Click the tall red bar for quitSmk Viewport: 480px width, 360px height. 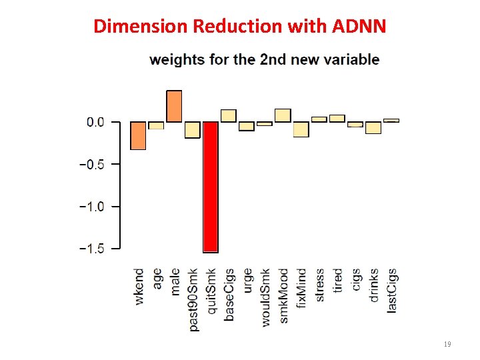211,187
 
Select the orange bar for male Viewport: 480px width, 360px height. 174,106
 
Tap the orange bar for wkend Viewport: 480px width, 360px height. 138,135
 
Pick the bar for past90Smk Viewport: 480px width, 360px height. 193,129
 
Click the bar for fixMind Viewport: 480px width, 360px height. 301,129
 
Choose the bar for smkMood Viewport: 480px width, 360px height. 283,115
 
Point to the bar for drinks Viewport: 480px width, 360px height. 373,127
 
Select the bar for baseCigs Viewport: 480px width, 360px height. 229,116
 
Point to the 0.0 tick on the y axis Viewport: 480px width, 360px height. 95,122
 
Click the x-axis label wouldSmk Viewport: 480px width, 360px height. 265,297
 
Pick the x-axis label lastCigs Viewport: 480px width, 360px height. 392,290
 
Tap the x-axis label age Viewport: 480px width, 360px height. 157,279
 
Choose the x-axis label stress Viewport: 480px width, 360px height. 319,285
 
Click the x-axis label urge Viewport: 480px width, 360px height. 247,281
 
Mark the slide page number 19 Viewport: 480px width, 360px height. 447,344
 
